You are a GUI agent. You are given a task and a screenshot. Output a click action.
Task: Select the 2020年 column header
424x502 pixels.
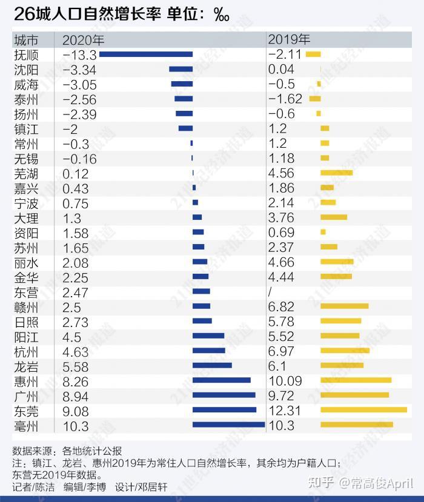pos(83,40)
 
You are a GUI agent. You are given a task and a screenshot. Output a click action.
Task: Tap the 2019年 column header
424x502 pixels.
pos(289,40)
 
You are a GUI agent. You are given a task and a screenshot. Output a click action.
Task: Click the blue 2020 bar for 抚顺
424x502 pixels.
pos(146,54)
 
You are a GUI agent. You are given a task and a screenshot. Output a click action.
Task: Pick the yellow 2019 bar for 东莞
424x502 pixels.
pos(363,410)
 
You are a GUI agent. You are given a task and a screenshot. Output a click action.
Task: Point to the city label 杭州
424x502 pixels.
pos(26,351)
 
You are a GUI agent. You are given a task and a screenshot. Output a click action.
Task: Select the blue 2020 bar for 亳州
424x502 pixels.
pos(228,424)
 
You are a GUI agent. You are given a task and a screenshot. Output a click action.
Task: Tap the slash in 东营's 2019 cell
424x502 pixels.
pos(270,292)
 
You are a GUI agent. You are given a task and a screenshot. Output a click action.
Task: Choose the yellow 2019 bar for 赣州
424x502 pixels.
pos(344,306)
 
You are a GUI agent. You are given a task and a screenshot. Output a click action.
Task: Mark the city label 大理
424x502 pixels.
pos(26,217)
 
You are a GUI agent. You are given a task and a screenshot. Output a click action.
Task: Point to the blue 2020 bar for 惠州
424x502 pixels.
pos(221,380)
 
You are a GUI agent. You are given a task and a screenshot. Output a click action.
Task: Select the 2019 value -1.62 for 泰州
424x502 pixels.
pos(285,99)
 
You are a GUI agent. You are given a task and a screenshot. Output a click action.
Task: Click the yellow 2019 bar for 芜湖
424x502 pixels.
pos(336,173)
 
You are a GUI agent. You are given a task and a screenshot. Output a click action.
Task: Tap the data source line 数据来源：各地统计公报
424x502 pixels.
pos(67,451)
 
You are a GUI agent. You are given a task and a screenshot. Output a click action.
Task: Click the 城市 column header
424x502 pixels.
pos(26,40)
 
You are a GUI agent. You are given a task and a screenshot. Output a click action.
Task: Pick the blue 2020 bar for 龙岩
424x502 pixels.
pos(212,365)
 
